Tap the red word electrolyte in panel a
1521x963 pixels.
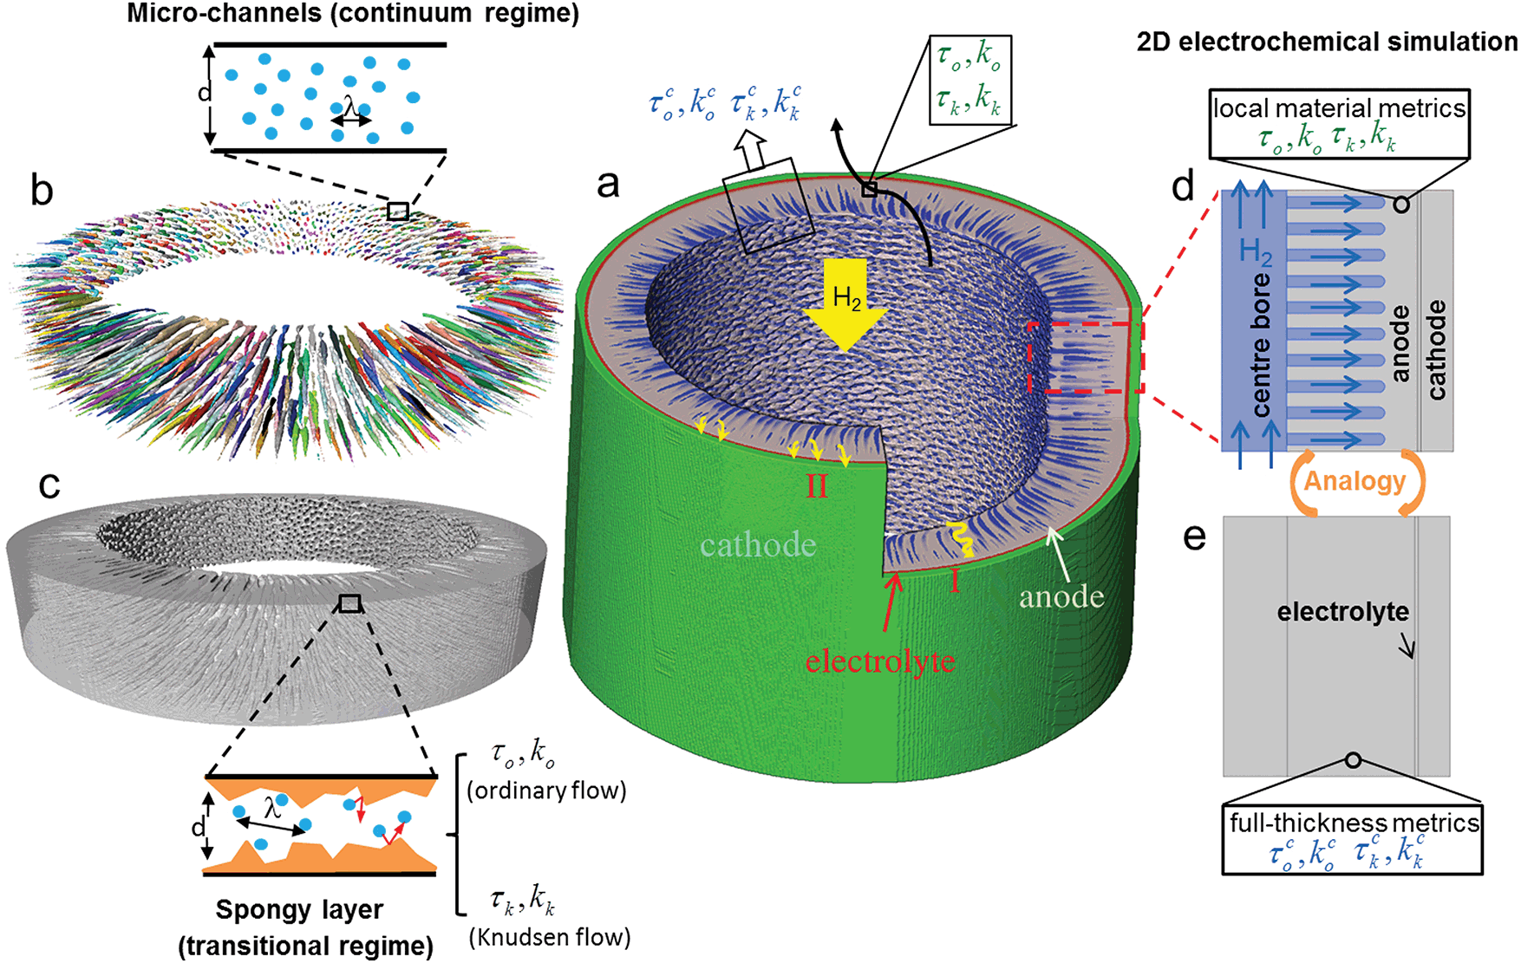pos(879,661)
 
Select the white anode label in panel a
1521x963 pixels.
pos(1061,596)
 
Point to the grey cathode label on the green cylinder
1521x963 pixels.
pos(759,544)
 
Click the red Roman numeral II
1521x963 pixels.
pos(816,486)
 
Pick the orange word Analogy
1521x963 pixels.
pos(1355,481)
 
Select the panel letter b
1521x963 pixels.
pos(41,191)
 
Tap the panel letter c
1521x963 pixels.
pos(49,485)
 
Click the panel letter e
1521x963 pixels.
pos(1194,537)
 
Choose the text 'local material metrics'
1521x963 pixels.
pos(1339,108)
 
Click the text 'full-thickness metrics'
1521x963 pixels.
pos(1354,823)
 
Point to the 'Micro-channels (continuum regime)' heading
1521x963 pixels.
pos(353,14)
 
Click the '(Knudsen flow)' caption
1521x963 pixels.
pos(550,937)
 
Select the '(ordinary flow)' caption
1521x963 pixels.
pos(546,791)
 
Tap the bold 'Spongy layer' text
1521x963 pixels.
pos(299,910)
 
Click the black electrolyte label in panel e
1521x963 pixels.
pos(1342,612)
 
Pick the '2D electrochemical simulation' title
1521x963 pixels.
pos(1327,42)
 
